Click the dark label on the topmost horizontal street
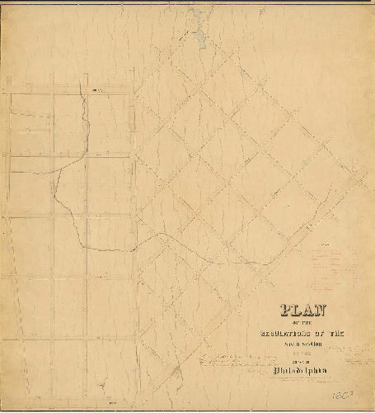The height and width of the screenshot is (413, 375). (96, 91)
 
